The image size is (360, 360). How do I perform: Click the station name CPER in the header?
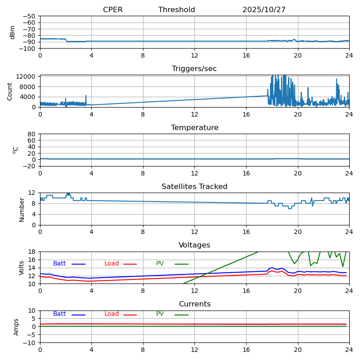pyautogui.click(x=112, y=10)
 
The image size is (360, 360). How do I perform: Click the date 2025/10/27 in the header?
pyautogui.click(x=264, y=10)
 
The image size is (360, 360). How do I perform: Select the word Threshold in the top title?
pyautogui.click(x=176, y=10)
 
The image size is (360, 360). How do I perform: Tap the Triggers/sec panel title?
pyautogui.click(x=194, y=69)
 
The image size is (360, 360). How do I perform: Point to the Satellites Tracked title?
pyautogui.click(x=194, y=187)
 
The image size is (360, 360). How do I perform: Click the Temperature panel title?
pyautogui.click(x=194, y=128)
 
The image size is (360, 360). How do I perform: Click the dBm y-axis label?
pyautogui.click(x=13, y=32)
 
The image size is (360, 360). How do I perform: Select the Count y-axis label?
pyautogui.click(x=10, y=91)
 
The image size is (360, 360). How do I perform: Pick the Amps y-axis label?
pyautogui.click(x=16, y=327)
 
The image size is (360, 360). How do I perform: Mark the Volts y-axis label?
pyautogui.click(x=22, y=268)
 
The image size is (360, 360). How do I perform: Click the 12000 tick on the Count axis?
pyautogui.click(x=27, y=76)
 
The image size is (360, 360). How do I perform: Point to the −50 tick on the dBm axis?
pyautogui.click(x=28, y=16)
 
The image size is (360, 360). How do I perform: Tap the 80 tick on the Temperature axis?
pyautogui.click(x=32, y=134)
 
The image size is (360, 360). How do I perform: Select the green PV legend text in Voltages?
pyautogui.click(x=160, y=264)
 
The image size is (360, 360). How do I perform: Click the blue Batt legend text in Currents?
pyautogui.click(x=59, y=314)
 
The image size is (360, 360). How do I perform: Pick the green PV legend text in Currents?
pyautogui.click(x=160, y=314)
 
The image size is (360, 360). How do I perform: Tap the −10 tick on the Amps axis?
pyautogui.click(x=29, y=343)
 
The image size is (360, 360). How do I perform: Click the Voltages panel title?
pyautogui.click(x=194, y=245)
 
